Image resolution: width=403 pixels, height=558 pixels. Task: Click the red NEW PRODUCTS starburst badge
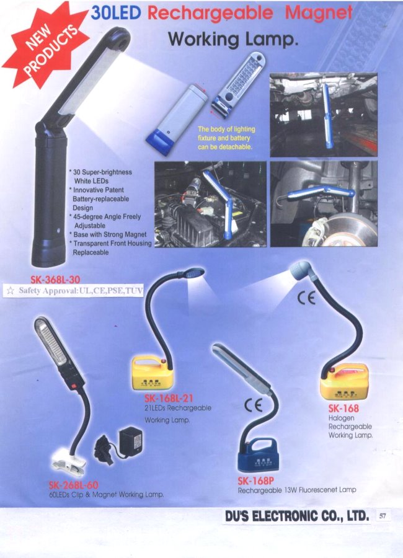[45, 45]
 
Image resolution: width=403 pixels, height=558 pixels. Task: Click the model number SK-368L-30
[55, 280]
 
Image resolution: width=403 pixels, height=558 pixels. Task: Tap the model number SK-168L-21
[169, 398]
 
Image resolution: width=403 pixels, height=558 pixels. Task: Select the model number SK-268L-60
[74, 485]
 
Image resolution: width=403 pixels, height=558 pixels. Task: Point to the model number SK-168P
[255, 480]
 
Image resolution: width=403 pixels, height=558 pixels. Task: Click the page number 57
[383, 516]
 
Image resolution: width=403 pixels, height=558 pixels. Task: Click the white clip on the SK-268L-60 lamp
[69, 464]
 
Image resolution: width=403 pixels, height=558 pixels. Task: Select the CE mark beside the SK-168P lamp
[254, 405]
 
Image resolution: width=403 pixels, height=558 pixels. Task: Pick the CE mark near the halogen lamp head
[306, 298]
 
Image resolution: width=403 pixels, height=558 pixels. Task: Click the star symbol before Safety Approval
[11, 291]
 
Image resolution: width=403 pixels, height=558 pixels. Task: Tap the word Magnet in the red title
[319, 13]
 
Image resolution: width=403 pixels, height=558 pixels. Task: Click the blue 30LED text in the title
[116, 13]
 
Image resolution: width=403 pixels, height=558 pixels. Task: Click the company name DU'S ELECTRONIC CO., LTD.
[297, 516]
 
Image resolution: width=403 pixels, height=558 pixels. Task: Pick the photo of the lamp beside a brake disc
[324, 203]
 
